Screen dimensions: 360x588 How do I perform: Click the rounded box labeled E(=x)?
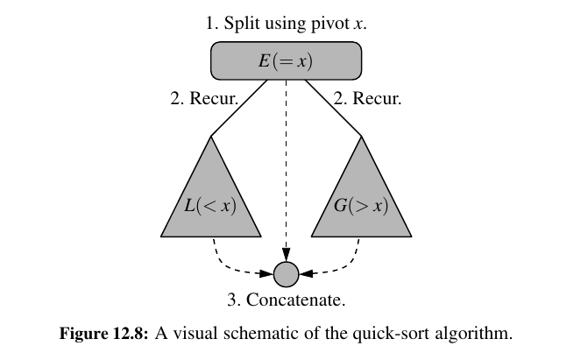tap(287, 60)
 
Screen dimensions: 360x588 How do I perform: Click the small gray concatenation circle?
tap(287, 274)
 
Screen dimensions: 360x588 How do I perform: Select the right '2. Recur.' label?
tap(367, 99)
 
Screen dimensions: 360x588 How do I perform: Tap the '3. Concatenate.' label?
tap(287, 300)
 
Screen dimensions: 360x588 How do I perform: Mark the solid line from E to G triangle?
tap(336, 108)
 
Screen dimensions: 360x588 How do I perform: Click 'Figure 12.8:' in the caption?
tap(99, 333)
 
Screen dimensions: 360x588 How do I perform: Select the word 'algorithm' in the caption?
tap(471, 333)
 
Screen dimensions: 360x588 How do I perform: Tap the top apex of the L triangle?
tap(211, 136)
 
